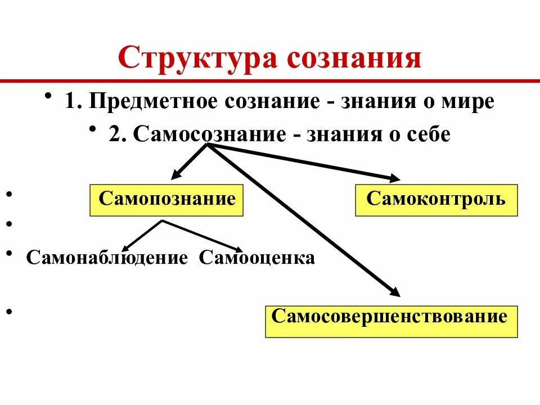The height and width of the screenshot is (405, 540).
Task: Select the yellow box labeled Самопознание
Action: [166, 200]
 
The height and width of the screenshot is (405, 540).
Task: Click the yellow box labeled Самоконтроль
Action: [436, 200]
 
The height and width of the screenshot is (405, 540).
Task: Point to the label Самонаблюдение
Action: [107, 258]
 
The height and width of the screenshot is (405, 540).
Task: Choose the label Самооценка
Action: [256, 258]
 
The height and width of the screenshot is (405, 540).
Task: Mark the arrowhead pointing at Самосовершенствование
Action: [394, 292]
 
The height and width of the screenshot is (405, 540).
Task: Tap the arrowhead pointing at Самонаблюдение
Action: [126, 247]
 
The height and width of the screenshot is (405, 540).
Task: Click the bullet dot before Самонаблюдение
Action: [10, 254]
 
